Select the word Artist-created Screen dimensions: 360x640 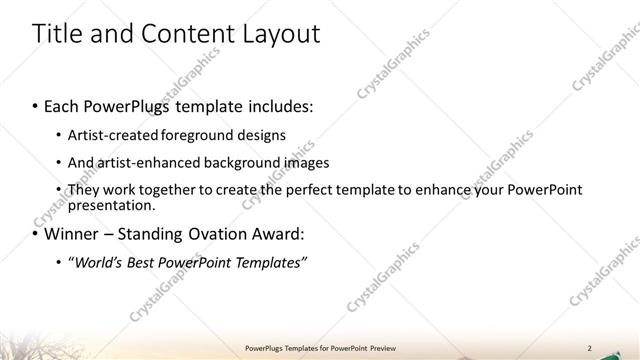pos(110,135)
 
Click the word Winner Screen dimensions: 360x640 pos(74,235)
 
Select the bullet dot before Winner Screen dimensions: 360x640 pos(35,236)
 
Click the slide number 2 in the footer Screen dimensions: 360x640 pos(589,348)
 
